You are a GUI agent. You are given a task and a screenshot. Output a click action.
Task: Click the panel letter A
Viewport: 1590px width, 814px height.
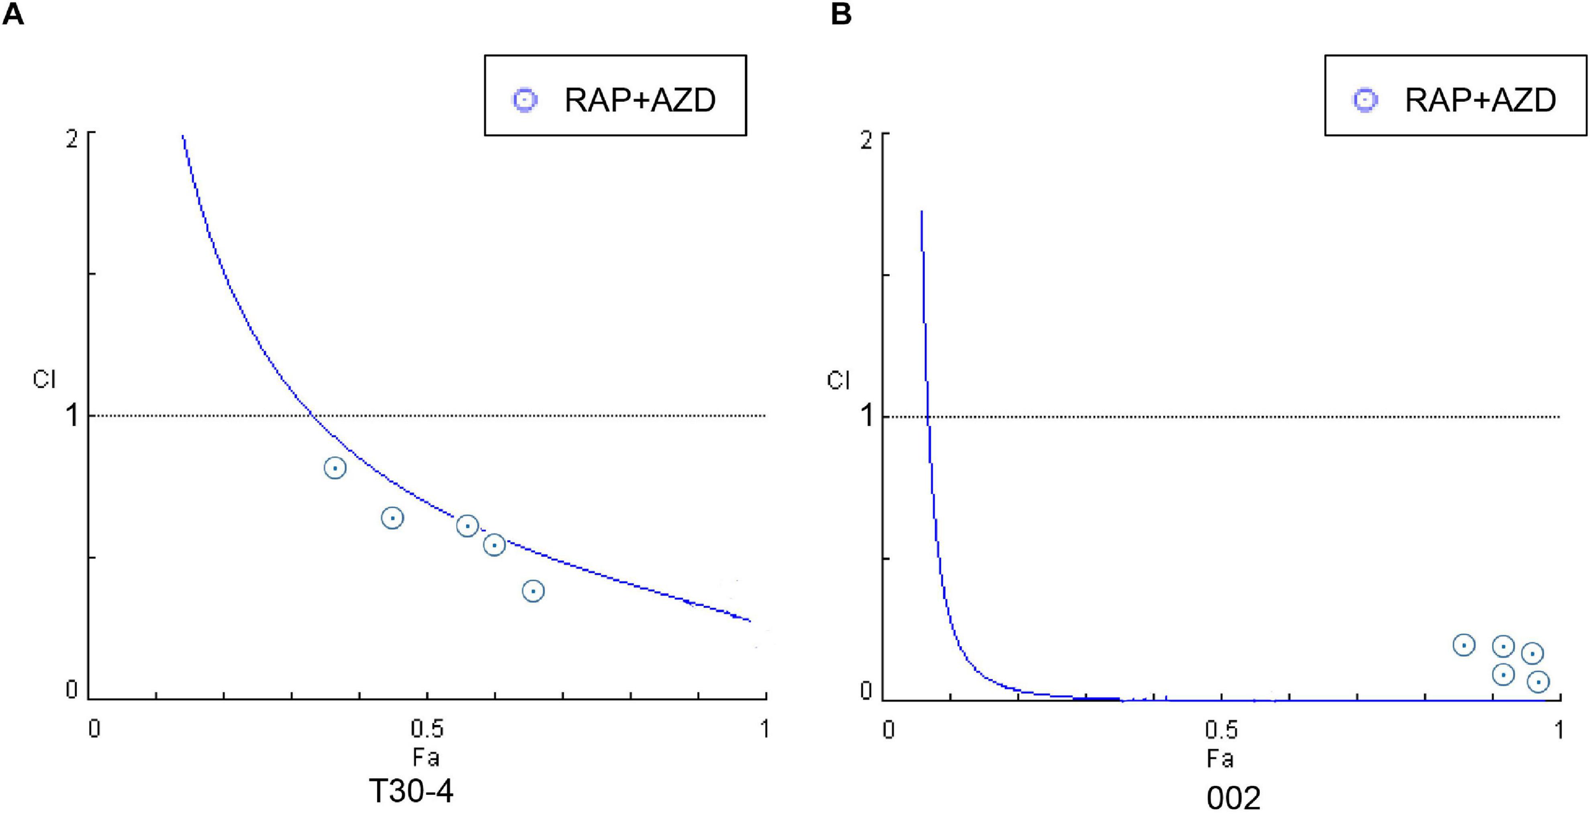[13, 14]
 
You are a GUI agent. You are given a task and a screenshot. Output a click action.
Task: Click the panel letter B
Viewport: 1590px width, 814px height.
[841, 14]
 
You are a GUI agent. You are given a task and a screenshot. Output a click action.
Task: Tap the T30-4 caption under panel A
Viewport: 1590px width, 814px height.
[411, 792]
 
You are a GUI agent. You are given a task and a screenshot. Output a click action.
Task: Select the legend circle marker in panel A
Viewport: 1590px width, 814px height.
[525, 100]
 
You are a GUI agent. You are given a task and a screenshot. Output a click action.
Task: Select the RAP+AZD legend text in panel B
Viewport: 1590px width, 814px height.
[1480, 100]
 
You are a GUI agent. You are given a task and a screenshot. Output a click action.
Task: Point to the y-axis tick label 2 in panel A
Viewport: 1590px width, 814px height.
[73, 139]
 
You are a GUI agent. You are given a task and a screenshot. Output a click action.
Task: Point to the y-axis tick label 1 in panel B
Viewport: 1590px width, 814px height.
[867, 417]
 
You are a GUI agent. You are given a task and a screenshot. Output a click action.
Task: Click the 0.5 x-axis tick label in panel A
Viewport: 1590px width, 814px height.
[427, 729]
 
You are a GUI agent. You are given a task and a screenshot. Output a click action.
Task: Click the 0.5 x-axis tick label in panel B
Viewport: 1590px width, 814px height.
[1221, 730]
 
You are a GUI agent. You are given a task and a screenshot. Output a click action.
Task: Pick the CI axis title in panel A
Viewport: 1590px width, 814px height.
[45, 380]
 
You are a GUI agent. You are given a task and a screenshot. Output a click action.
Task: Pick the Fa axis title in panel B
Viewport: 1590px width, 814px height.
[1220, 759]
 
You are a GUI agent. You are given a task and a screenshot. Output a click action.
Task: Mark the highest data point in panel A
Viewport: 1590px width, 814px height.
[335, 468]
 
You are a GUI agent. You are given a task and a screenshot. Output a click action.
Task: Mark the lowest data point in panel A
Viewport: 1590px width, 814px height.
[533, 591]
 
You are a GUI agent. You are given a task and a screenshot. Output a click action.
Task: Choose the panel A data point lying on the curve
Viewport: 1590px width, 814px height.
[467, 526]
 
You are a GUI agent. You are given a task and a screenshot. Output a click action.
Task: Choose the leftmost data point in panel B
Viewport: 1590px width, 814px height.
[1464, 645]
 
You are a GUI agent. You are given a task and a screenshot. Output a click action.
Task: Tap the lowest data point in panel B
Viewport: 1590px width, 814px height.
[1538, 682]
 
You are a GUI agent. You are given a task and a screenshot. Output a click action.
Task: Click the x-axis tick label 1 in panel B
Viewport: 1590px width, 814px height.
[1558, 730]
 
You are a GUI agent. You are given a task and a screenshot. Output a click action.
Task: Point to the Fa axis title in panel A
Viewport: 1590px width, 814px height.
[425, 757]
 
